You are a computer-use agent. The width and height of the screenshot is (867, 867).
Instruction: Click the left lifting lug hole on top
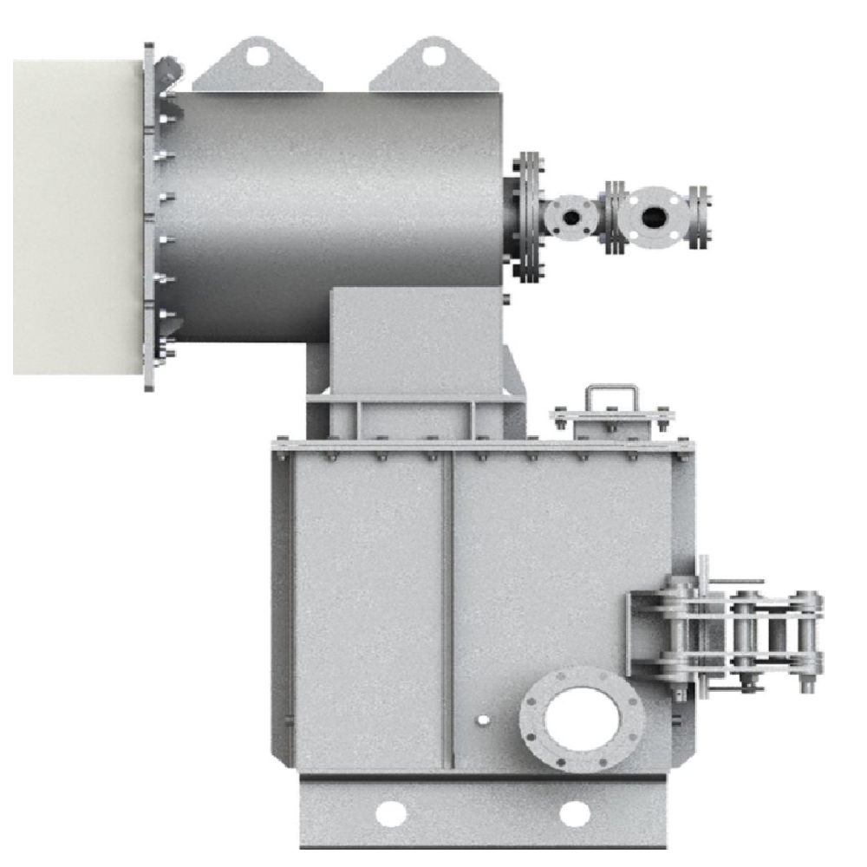tap(257, 56)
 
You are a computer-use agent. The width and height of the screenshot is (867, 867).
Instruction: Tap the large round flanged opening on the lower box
tap(582, 717)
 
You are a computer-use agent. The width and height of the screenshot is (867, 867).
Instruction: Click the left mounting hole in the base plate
tap(389, 813)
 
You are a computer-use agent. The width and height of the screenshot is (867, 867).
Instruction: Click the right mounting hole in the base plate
tap(574, 813)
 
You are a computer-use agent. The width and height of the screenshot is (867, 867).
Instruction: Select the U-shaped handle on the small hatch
tap(611, 397)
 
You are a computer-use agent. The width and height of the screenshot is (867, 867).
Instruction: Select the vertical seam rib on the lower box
tap(447, 607)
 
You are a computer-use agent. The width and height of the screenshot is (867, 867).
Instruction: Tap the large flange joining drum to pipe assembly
tap(527, 217)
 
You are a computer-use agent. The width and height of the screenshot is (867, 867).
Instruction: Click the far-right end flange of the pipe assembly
tap(698, 217)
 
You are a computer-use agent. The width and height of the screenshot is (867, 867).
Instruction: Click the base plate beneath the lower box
tap(481, 815)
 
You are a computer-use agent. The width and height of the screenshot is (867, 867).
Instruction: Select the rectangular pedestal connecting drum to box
tap(414, 347)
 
